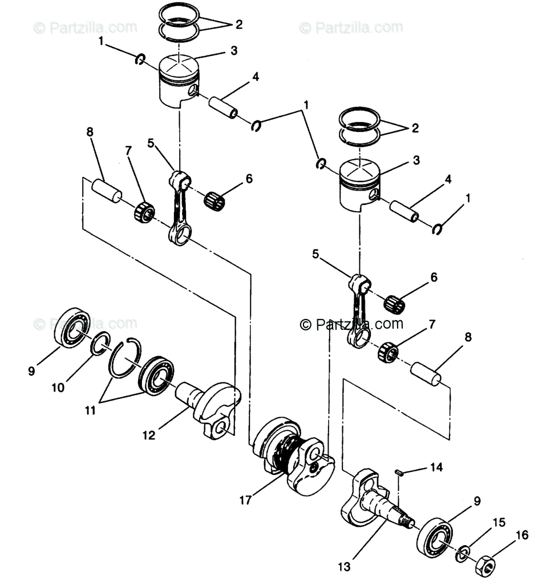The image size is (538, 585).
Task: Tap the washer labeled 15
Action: [x=463, y=554]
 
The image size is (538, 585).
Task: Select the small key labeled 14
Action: [x=399, y=473]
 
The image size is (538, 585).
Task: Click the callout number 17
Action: [x=245, y=500]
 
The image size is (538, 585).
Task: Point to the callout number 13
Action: [x=345, y=567]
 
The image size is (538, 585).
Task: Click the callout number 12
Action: [x=149, y=435]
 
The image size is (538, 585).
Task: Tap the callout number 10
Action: [x=58, y=388]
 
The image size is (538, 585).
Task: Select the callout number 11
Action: [x=90, y=410]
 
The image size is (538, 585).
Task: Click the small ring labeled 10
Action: [x=100, y=343]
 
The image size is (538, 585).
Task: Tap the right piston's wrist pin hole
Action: [x=375, y=195]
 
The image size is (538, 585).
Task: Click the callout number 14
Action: [x=436, y=467]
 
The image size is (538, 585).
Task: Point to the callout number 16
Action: [x=522, y=535]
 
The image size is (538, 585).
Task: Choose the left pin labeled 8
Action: [x=107, y=191]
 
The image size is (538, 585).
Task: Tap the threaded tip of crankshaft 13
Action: [x=407, y=521]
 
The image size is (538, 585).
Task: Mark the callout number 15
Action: [x=499, y=522]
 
